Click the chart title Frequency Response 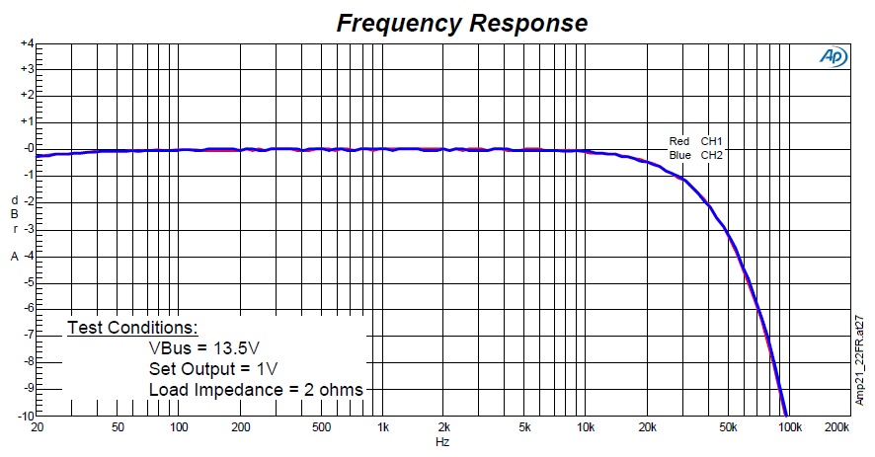point(462,23)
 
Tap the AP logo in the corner point(833,58)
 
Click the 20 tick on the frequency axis point(38,428)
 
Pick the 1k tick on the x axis point(383,428)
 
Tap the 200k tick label point(836,428)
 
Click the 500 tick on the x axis point(321,428)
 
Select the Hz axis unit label point(443,442)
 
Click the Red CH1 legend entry point(696,141)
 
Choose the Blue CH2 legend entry point(696,155)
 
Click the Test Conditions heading point(132,327)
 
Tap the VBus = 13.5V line point(204,347)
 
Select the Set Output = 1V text point(213,368)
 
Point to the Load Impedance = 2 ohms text point(256,389)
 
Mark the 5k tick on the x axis point(525,428)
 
